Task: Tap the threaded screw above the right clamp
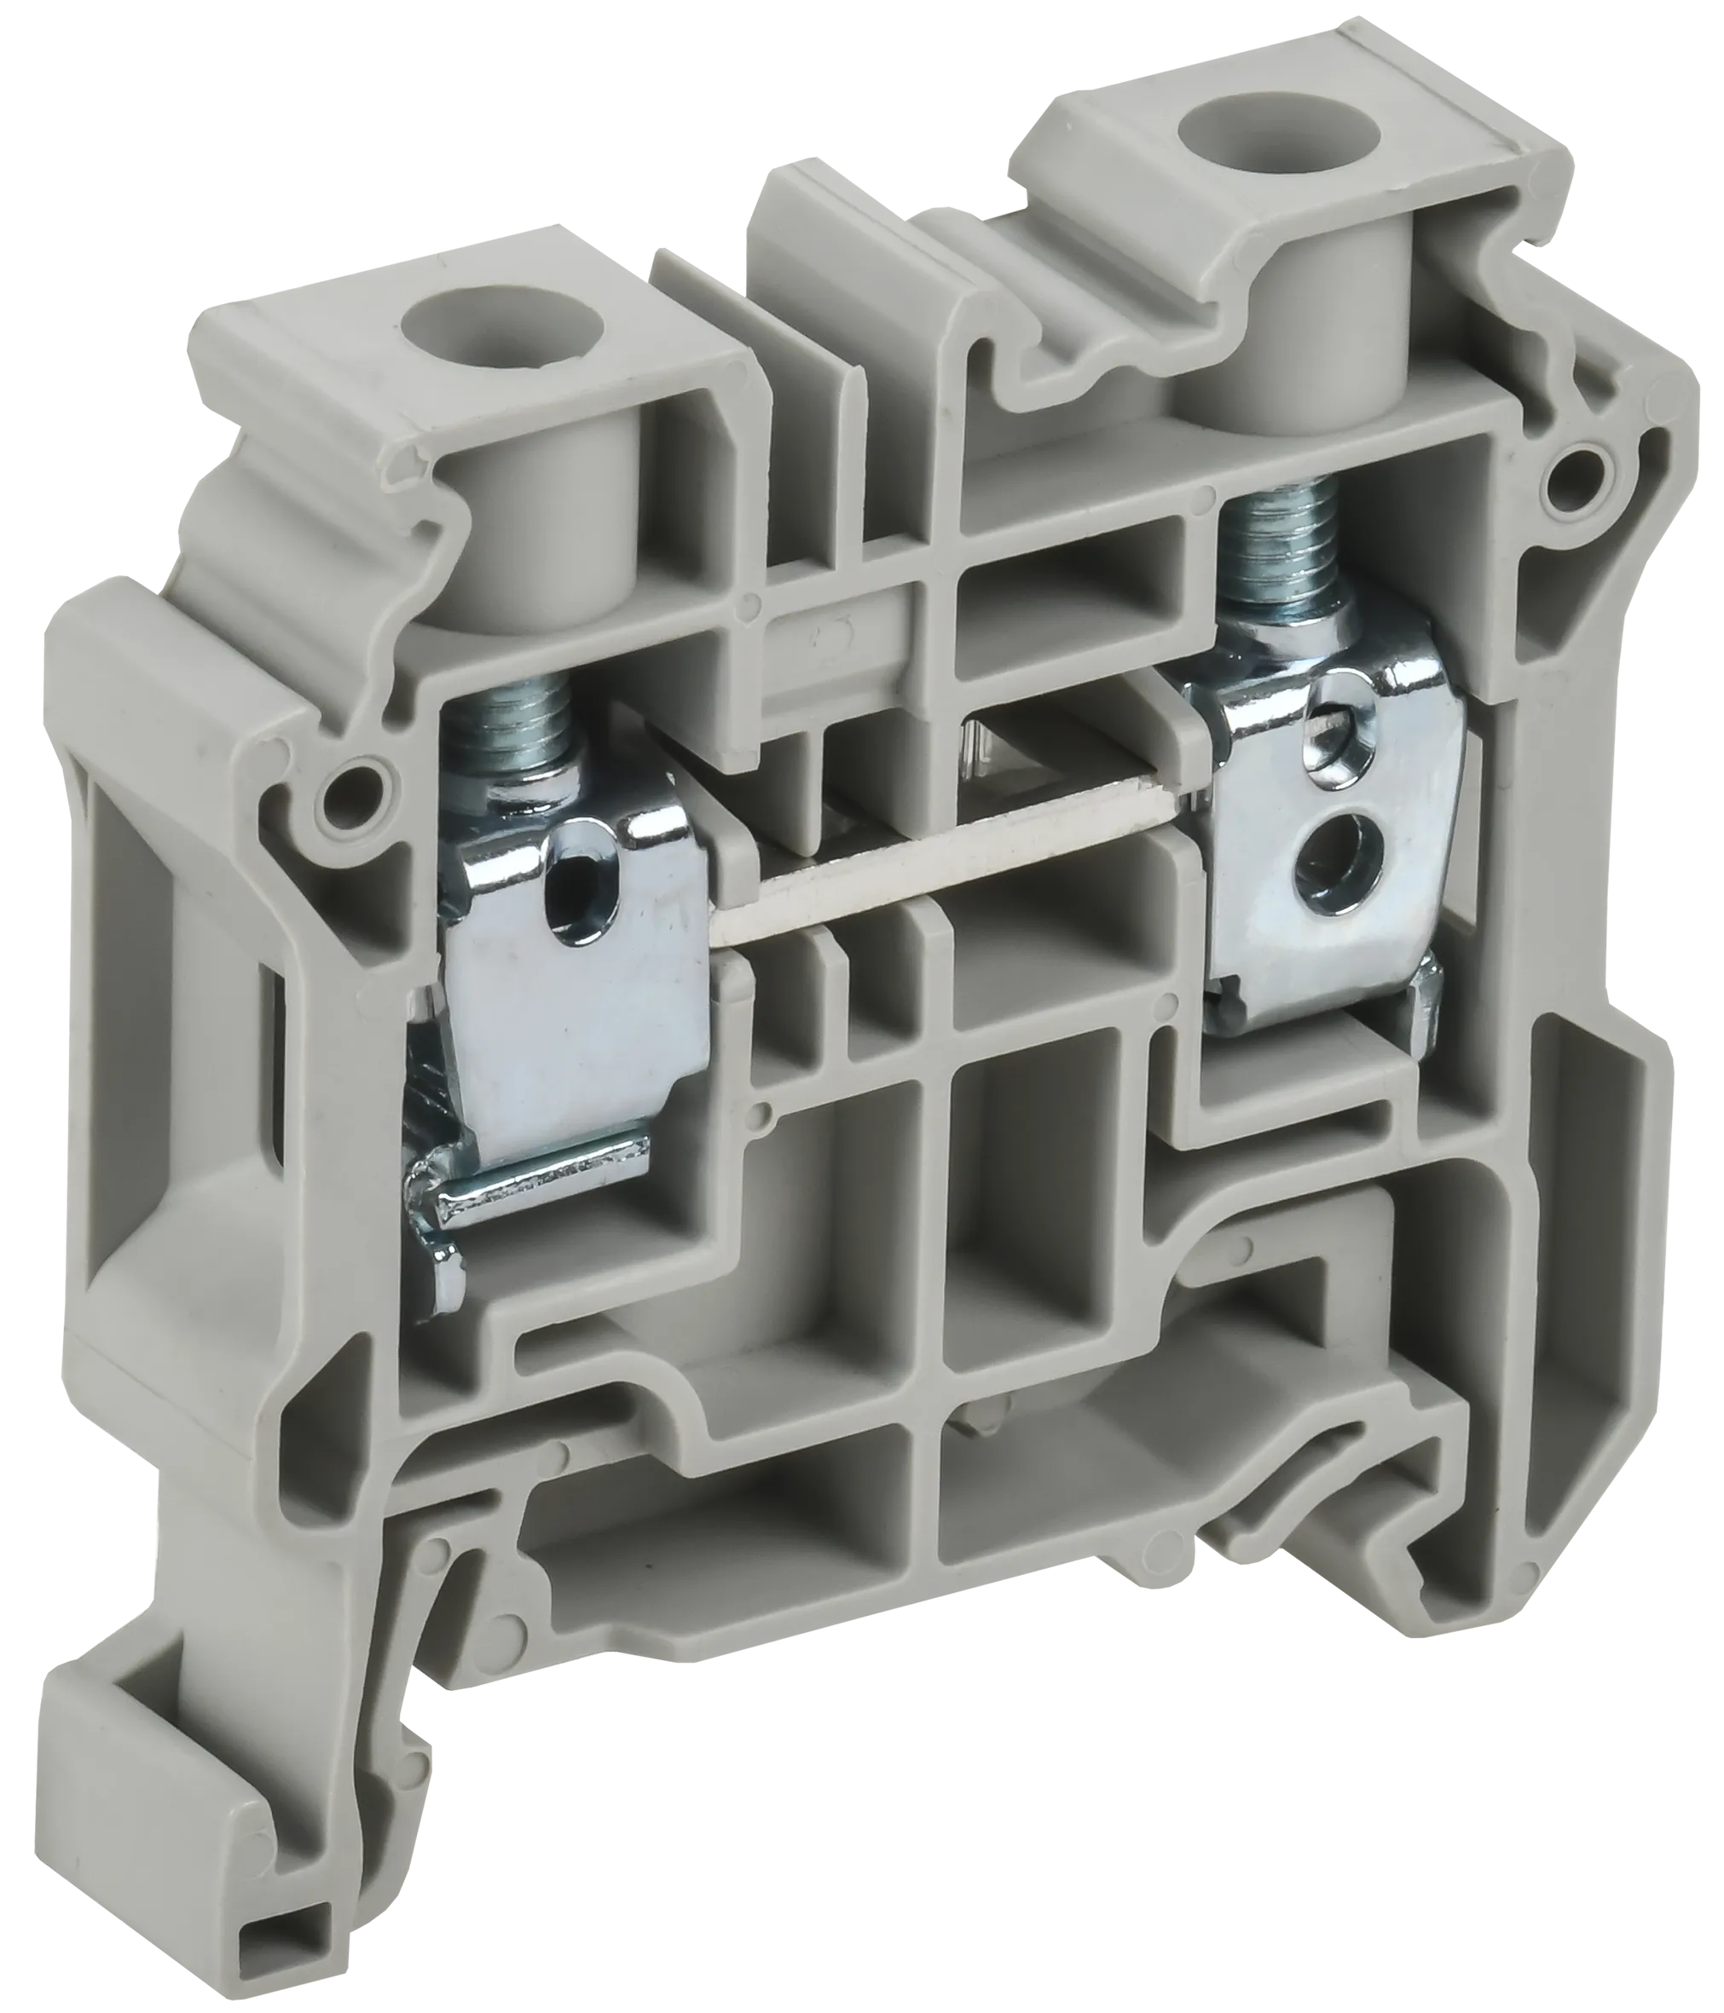[1274, 562]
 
